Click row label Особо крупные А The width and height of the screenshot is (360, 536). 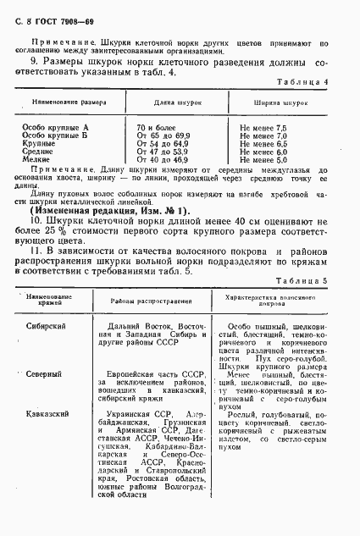54,127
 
